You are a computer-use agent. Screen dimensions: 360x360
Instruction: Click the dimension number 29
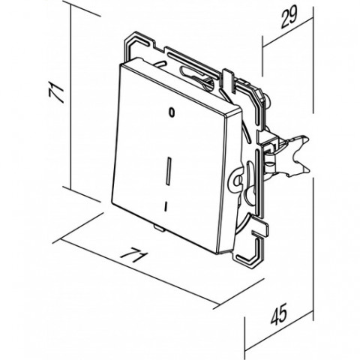(289, 16)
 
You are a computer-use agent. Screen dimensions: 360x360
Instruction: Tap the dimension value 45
(279, 314)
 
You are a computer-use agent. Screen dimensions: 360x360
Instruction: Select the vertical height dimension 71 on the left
(56, 92)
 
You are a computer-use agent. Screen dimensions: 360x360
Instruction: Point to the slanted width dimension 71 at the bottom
(133, 255)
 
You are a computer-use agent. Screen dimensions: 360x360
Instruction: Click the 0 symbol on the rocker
(171, 112)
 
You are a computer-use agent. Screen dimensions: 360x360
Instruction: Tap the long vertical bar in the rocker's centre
(169, 171)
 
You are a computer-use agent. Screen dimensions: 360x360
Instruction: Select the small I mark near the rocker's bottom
(166, 206)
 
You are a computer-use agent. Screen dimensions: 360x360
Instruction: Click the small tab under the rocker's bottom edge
(159, 227)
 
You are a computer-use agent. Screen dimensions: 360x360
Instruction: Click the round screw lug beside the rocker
(236, 179)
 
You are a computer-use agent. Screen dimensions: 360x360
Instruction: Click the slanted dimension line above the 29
(288, 32)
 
